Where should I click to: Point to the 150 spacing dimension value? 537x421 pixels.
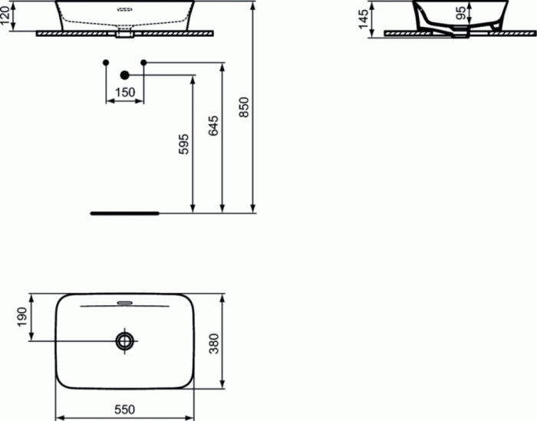(124, 93)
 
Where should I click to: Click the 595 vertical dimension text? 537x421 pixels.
(183, 146)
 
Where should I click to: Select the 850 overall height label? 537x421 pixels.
(245, 108)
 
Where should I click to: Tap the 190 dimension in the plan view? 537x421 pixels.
(21, 316)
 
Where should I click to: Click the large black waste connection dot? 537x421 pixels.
(124, 75)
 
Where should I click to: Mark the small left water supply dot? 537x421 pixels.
(106, 61)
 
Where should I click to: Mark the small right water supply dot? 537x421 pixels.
(143, 61)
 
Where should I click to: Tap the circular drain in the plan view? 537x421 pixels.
(124, 340)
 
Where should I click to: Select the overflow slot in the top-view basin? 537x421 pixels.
(124, 302)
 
